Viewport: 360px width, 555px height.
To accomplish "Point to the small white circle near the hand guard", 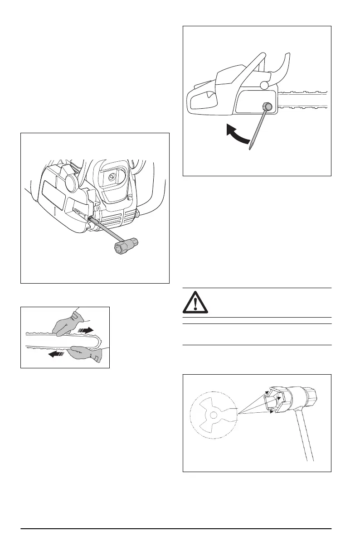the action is pos(264,84).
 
